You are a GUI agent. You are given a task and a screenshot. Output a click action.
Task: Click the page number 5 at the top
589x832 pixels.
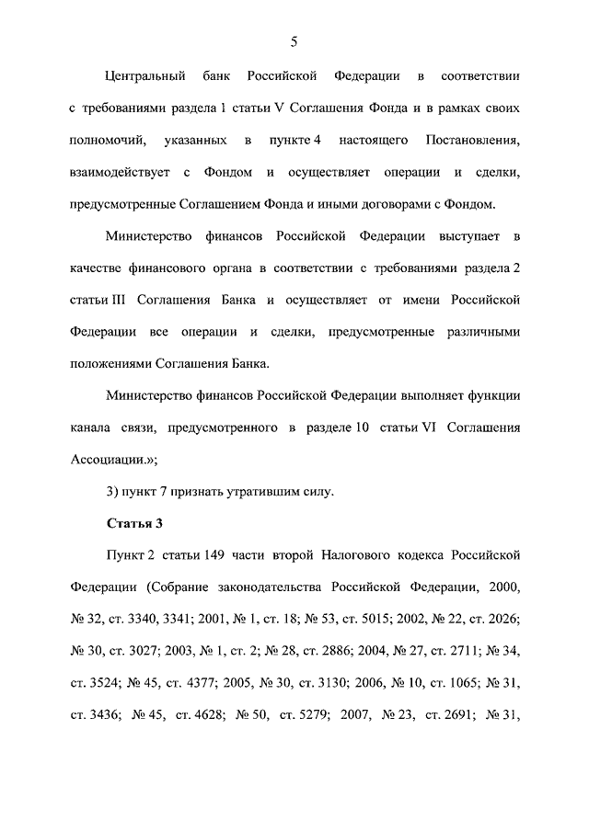294,40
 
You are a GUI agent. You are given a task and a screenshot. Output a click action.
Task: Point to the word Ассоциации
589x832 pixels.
110,461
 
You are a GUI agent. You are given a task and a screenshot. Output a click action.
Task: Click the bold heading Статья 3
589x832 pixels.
134,525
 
